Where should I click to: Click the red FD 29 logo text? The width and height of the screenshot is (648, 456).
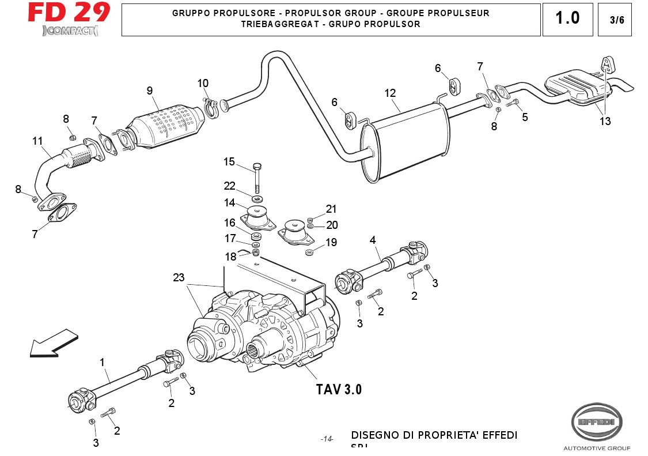point(69,13)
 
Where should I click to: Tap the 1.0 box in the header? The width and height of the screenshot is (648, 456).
point(567,18)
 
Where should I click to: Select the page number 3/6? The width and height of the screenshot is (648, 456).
point(616,20)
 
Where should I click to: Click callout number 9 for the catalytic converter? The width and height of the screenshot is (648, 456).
point(149,91)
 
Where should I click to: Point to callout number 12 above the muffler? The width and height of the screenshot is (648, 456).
point(391,93)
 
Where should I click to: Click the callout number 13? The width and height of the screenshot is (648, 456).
point(605,121)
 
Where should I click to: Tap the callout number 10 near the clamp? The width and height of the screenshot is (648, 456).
point(203,83)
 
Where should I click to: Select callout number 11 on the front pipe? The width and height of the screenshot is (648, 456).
point(38,141)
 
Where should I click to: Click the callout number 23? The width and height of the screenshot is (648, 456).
point(179,278)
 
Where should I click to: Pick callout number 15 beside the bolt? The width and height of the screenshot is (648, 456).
point(229,162)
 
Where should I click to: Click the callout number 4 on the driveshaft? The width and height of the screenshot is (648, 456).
point(373,239)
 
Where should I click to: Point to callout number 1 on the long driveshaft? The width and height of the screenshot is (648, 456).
point(102,362)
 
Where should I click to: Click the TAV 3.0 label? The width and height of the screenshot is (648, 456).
point(339,389)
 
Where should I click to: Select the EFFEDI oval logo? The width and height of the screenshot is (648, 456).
point(597,423)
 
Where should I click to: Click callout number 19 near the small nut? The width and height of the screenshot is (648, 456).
point(331,242)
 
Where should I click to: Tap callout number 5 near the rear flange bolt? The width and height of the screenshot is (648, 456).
point(525,117)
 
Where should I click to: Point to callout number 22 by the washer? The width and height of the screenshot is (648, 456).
point(230,186)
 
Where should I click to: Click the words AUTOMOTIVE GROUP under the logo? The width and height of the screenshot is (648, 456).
point(597,448)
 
